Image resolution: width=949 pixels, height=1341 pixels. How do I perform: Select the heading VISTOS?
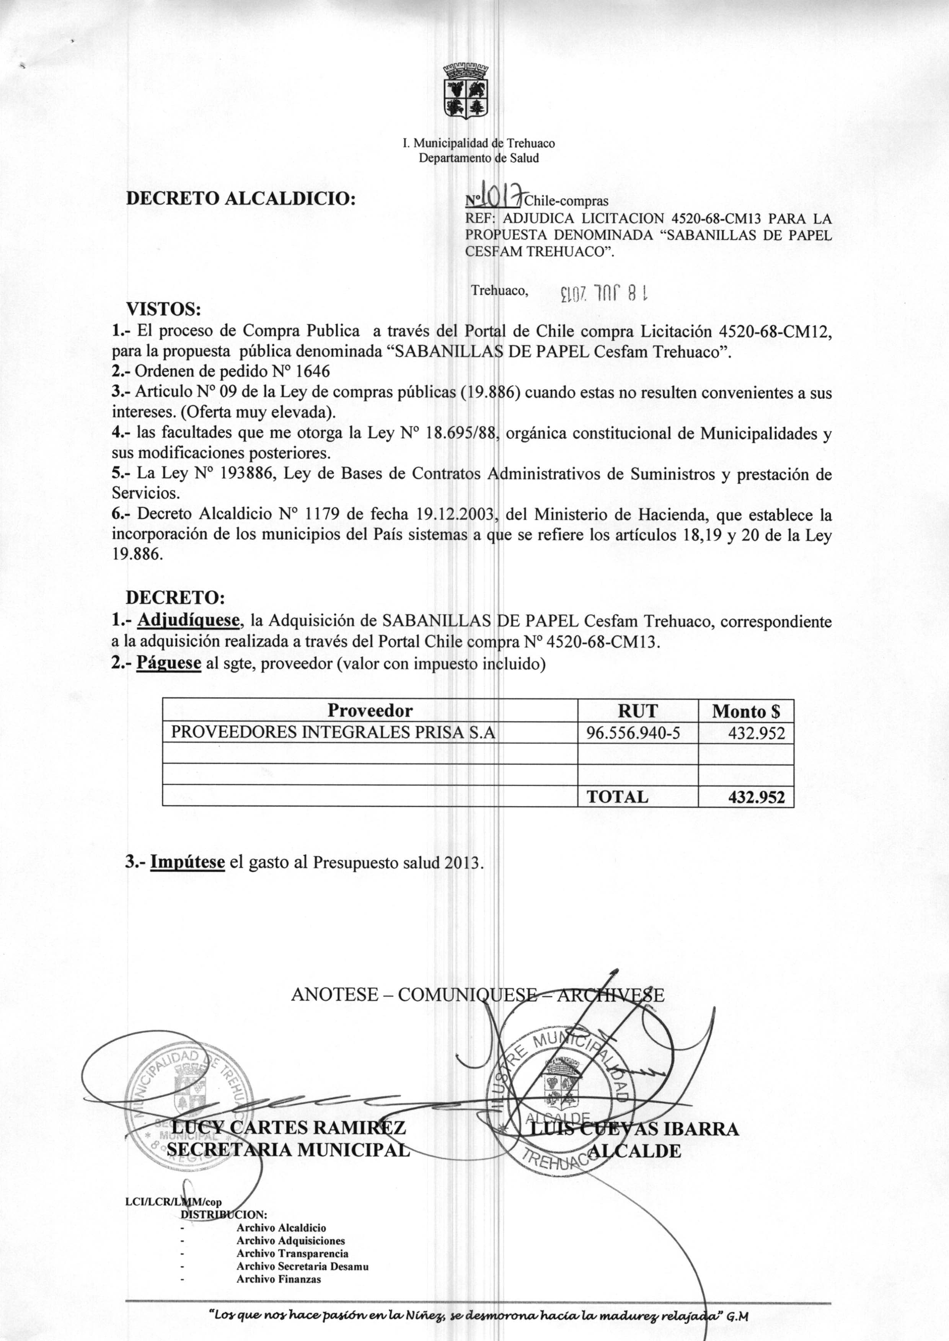(x=164, y=308)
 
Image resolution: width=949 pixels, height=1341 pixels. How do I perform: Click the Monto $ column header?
(x=746, y=711)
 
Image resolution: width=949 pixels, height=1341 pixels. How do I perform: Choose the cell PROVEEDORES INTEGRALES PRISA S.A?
(x=333, y=732)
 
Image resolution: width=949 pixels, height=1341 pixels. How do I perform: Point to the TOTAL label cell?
(x=617, y=796)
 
